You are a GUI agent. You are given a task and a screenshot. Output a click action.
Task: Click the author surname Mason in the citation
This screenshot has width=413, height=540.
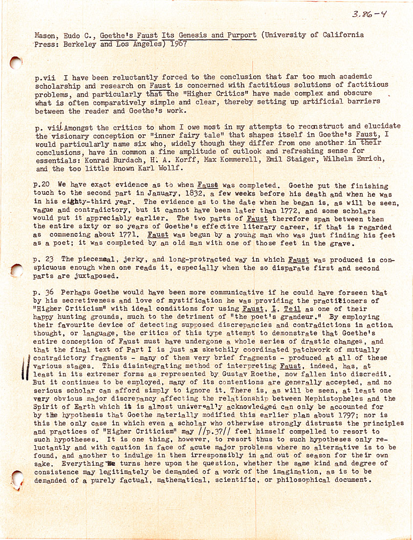pyautogui.click(x=45, y=36)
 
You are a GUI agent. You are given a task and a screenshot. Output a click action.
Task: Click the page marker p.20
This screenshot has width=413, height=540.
pyautogui.click(x=43, y=186)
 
